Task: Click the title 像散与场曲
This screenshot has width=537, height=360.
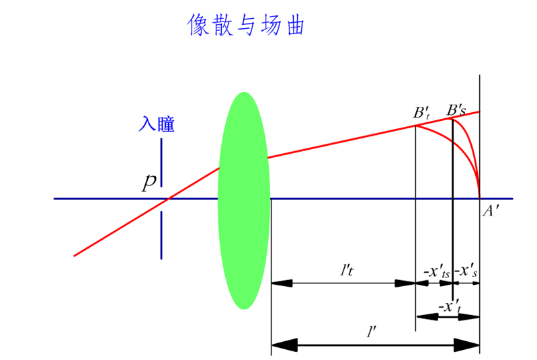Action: click(x=247, y=26)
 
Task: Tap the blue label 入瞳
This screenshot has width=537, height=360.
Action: click(x=157, y=124)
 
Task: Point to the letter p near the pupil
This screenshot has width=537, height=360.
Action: click(x=149, y=183)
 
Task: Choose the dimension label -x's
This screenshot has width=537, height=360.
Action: click(x=466, y=272)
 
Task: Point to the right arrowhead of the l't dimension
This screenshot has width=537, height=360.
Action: click(x=405, y=283)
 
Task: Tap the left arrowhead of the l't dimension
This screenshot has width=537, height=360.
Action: click(x=282, y=283)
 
